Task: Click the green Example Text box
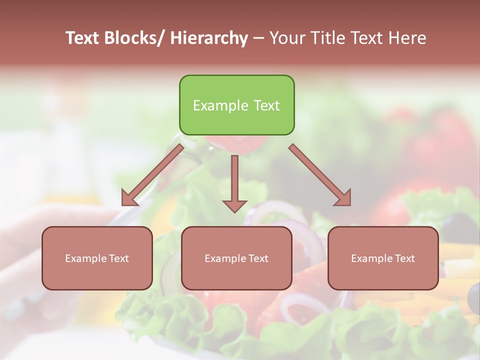pyautogui.click(x=236, y=105)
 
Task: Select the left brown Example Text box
pyautogui.click(x=97, y=258)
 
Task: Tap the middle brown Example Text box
pyautogui.click(x=236, y=258)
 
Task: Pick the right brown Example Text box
pyautogui.click(x=383, y=258)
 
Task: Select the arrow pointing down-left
pyautogui.click(x=152, y=175)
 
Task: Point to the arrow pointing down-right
pyautogui.click(x=320, y=175)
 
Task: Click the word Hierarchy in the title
pyautogui.click(x=208, y=38)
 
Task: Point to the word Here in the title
pyautogui.click(x=407, y=38)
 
